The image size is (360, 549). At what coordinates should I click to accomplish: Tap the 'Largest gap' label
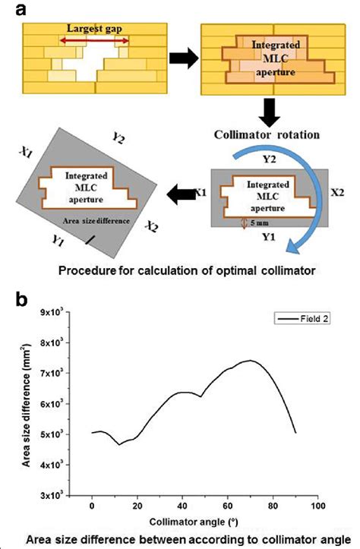(94, 29)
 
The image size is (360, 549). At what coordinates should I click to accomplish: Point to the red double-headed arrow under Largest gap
(93, 40)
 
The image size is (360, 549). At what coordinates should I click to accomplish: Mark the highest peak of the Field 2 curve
(250, 361)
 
